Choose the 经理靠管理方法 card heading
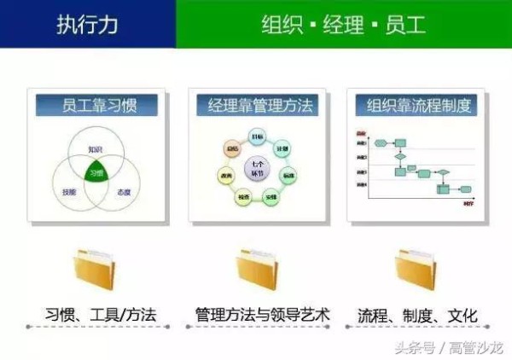pyautogui.click(x=257, y=105)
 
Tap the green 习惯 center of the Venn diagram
pyautogui.click(x=97, y=171)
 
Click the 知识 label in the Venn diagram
pyautogui.click(x=96, y=150)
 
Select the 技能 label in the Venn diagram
pyautogui.click(x=70, y=193)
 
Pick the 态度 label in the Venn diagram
pyautogui.click(x=125, y=193)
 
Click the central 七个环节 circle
pyautogui.click(x=256, y=168)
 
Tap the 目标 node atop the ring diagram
pyautogui.click(x=257, y=137)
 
